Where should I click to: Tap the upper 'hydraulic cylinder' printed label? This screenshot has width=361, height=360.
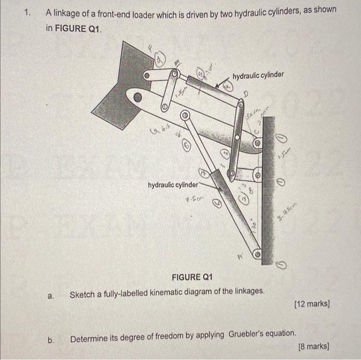coord(258,76)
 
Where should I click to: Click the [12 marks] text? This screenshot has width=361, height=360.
coord(311,304)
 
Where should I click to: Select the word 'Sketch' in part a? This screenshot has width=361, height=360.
coord(82,294)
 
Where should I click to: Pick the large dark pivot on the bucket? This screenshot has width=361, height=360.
coord(137,96)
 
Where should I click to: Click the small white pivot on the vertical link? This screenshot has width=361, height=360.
coord(237,138)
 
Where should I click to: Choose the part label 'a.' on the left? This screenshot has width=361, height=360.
coord(51,296)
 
